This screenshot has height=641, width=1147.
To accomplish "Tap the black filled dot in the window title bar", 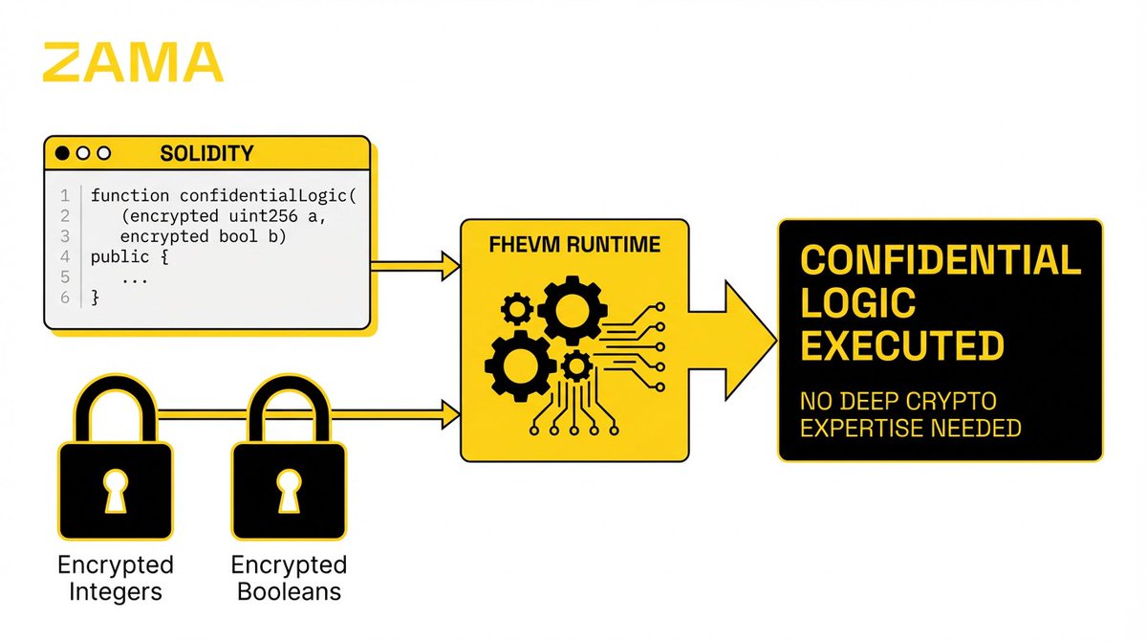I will coord(63,153).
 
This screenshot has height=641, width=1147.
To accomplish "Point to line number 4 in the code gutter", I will coord(65,257).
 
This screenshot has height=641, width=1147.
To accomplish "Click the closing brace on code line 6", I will coord(95,298).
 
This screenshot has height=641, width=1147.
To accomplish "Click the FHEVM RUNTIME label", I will coord(574,245).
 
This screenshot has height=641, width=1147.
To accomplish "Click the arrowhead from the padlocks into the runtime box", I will coord(449,414).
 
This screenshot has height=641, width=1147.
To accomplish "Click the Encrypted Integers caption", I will coord(115,578).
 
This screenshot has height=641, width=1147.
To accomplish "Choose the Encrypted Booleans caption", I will coord(289,578).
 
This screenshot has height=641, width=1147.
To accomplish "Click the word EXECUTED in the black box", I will coord(901,345).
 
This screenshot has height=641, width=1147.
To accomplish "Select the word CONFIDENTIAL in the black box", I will coord(940,260).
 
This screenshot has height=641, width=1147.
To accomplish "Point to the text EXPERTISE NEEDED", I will coord(910,428).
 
